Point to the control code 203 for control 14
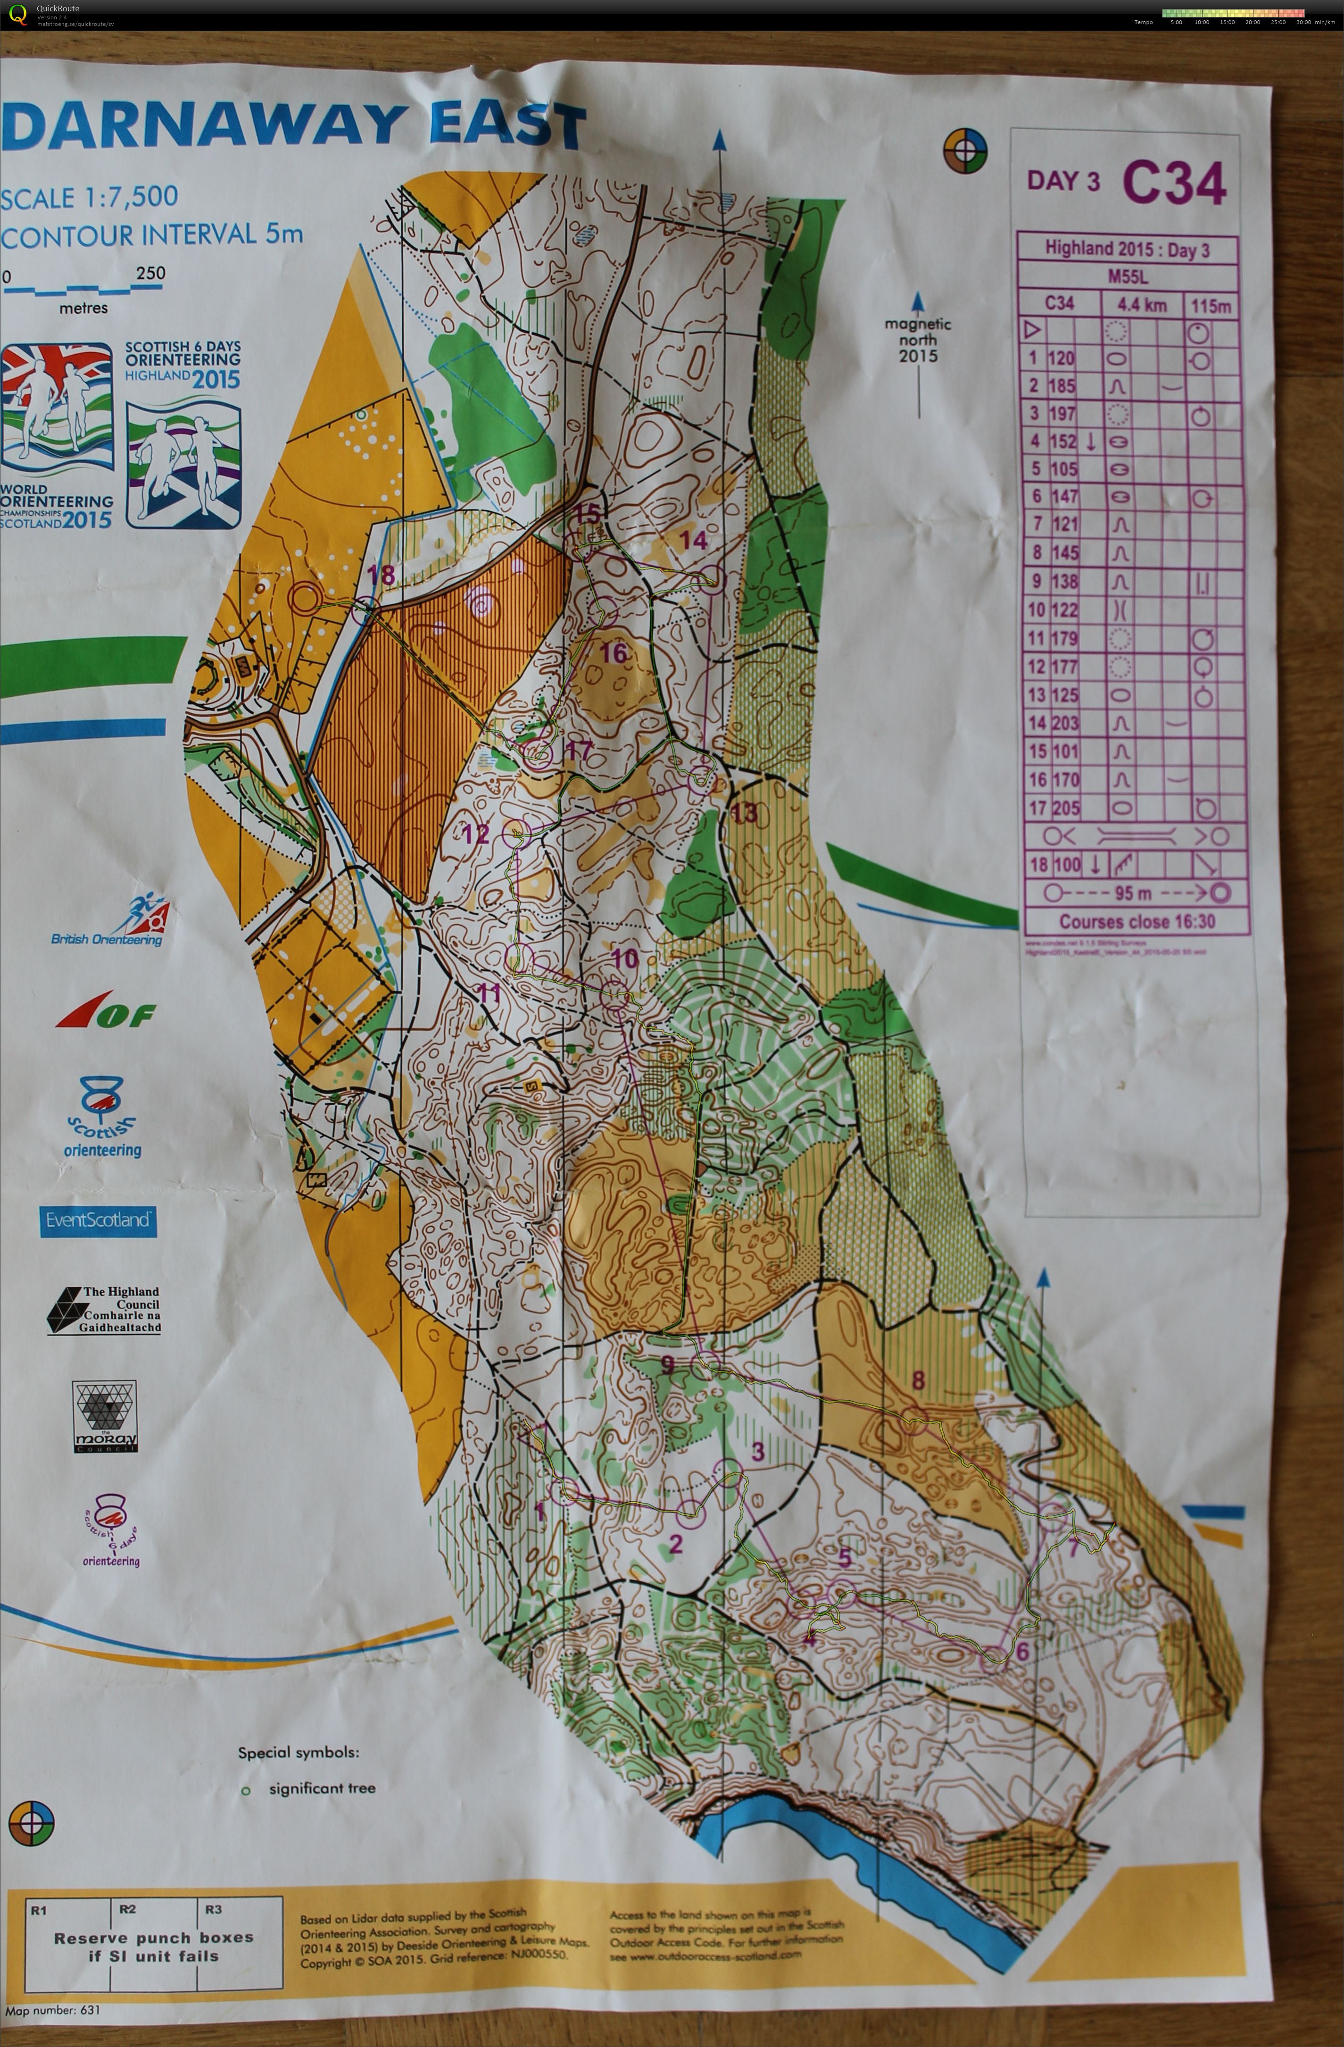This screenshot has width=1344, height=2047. (1064, 723)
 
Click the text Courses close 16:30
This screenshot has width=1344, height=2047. (1137, 922)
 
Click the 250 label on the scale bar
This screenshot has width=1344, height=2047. (150, 274)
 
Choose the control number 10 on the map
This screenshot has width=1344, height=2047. (624, 958)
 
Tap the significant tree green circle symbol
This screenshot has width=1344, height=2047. (246, 1791)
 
